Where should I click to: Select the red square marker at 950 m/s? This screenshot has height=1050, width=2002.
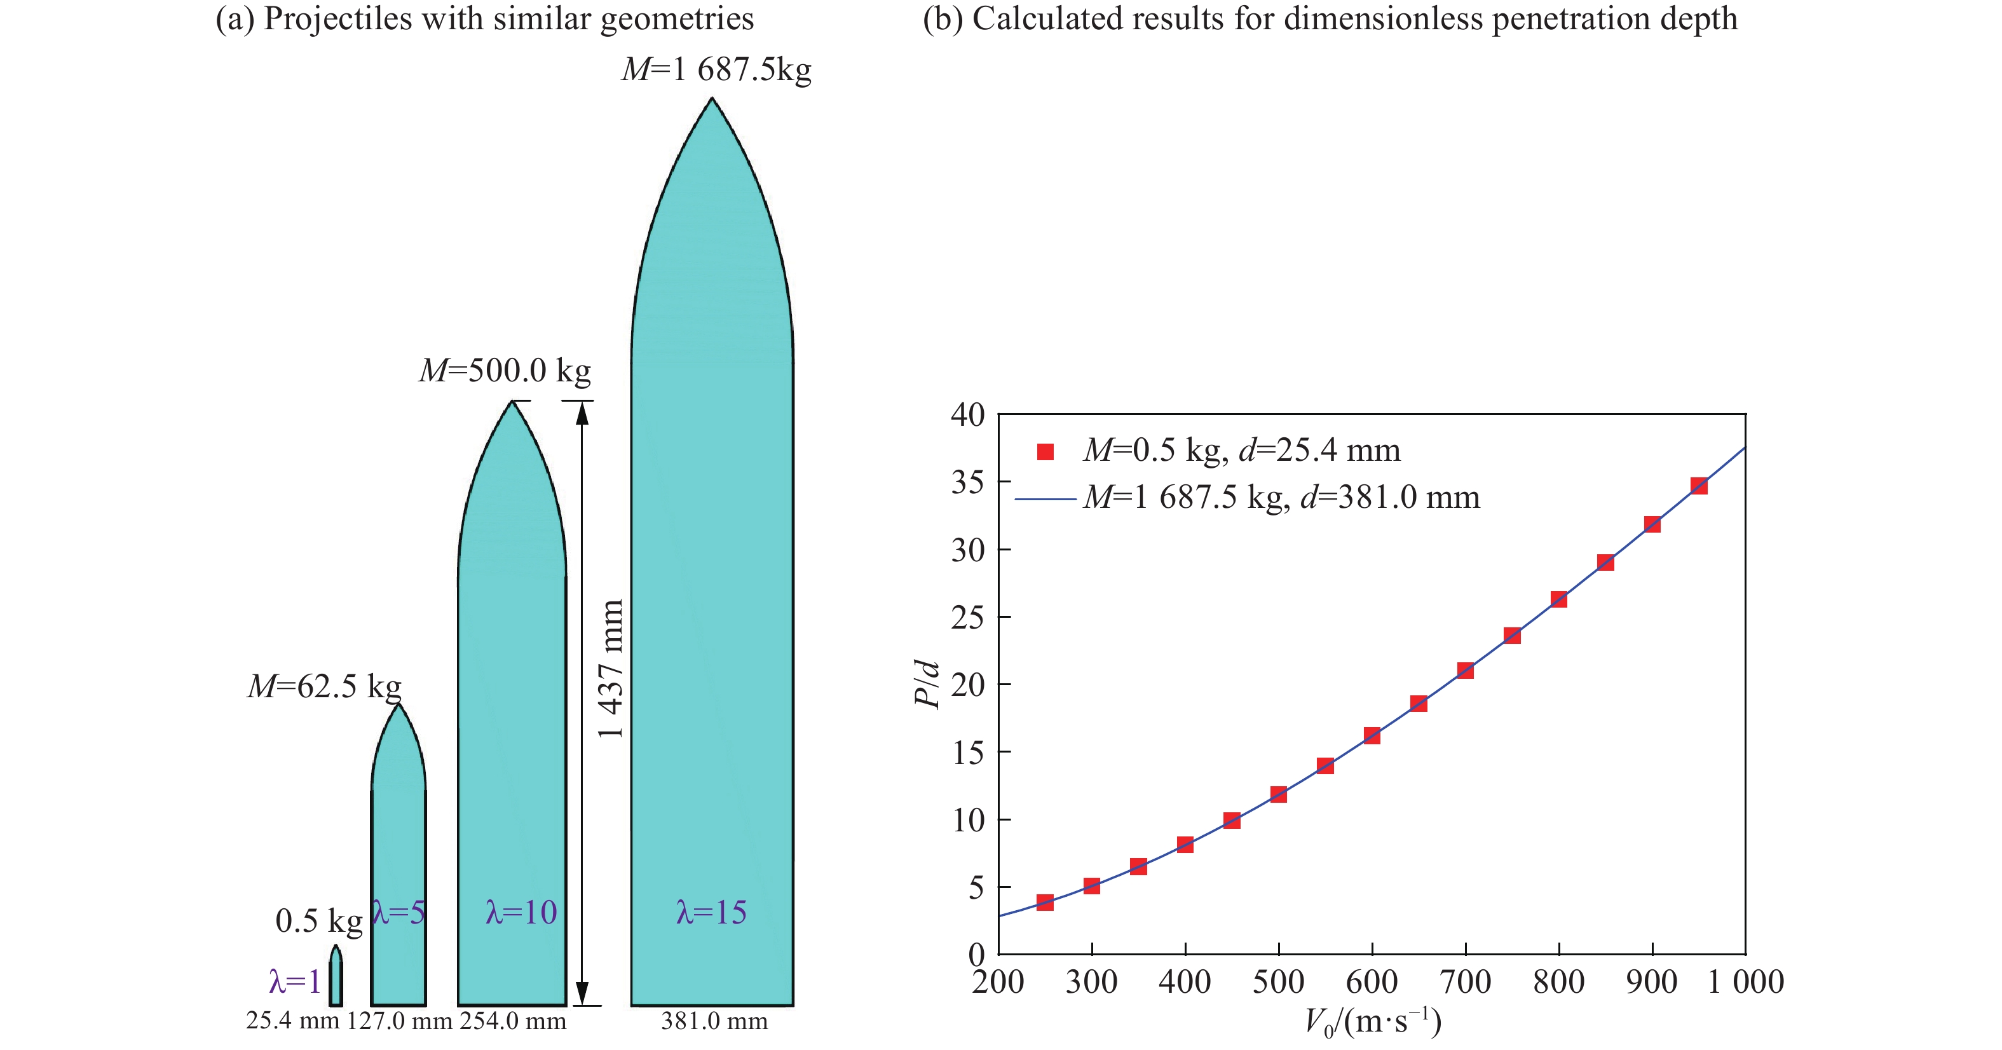[x=1699, y=486]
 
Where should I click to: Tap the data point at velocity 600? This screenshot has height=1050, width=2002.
[x=1372, y=735]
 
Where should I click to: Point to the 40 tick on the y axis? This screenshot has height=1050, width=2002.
[x=967, y=415]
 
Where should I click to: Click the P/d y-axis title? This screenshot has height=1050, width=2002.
[x=927, y=684]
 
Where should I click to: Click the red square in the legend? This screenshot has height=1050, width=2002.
[x=1045, y=451]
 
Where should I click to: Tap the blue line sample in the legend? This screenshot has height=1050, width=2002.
[x=1045, y=498]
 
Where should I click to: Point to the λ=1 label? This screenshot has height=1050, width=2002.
[x=294, y=981]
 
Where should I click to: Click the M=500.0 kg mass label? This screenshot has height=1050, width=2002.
[x=505, y=371]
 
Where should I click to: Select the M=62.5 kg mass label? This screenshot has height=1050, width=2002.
[x=324, y=686]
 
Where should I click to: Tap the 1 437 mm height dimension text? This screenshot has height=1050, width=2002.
[x=611, y=669]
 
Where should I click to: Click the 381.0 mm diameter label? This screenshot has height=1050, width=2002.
[x=714, y=1021]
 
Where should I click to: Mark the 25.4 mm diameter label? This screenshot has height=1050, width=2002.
[x=293, y=1021]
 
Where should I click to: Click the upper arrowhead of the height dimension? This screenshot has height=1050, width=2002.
[x=582, y=414]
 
